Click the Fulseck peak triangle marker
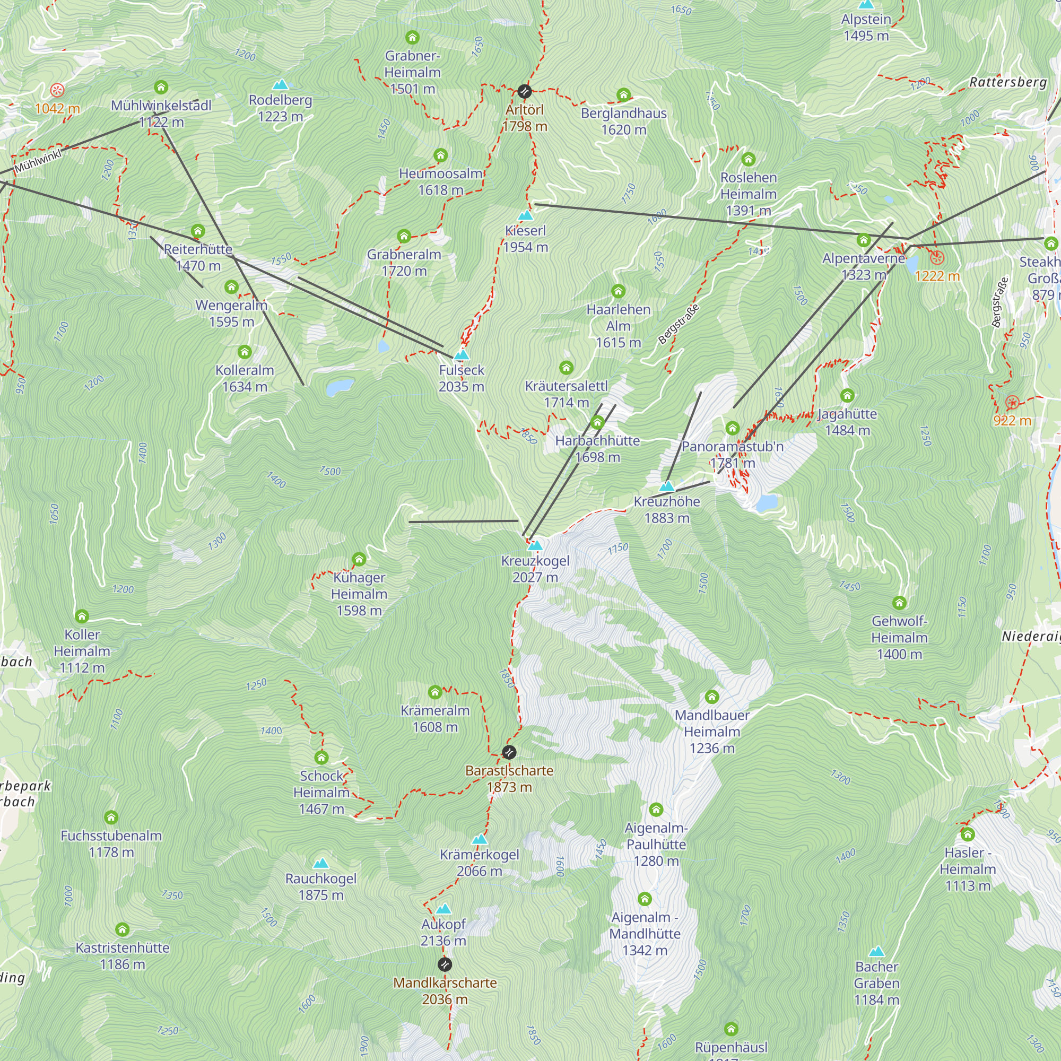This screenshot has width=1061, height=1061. pos(462,355)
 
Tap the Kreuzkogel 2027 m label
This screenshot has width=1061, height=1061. pos(535,569)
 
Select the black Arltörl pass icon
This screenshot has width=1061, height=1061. pos(525,91)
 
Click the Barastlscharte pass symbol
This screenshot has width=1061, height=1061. pos(509,752)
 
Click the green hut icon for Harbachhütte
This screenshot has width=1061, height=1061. pos(597,422)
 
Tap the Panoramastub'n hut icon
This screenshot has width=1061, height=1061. pos(732,428)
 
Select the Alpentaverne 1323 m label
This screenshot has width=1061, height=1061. pos(863,266)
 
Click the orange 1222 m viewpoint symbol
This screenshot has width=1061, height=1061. pos(937,257)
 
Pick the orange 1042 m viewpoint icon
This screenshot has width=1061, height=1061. pos(57,90)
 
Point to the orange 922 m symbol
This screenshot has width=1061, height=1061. pos(1012,403)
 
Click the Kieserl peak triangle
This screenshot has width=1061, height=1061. pos(526,215)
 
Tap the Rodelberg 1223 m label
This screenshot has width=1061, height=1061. pos(280,108)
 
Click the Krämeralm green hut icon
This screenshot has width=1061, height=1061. pos(435,691)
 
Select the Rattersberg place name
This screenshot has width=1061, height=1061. pos(1008,82)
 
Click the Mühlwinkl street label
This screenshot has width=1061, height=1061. pos(38,161)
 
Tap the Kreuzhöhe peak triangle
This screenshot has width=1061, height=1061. pos(667,486)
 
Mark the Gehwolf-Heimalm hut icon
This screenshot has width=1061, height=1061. pos(899,603)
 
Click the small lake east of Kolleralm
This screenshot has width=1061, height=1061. pos(340,387)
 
